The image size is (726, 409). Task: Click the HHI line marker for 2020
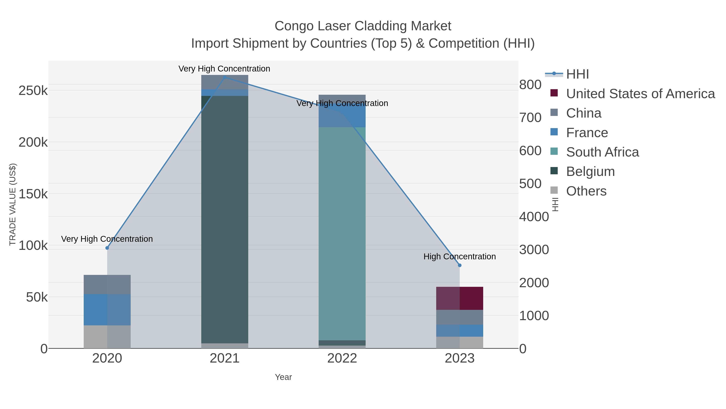tap(107, 248)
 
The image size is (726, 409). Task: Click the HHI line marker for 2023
tap(460, 265)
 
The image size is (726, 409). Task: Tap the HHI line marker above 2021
tap(225, 77)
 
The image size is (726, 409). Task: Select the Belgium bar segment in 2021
tap(225, 220)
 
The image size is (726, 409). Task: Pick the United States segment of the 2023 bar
tap(460, 298)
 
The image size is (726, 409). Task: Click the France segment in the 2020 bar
tap(107, 310)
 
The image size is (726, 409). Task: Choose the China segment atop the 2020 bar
tap(107, 285)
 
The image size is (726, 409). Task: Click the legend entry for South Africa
tap(602, 152)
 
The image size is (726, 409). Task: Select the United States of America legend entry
tap(640, 94)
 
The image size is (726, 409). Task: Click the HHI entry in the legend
tap(577, 74)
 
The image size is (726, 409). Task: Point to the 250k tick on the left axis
tap(33, 91)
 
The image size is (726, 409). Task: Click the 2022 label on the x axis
tap(342, 359)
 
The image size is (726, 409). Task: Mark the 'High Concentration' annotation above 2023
tap(460, 257)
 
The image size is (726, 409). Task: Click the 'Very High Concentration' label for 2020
tap(107, 239)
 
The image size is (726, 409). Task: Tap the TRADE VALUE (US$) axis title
tap(13, 204)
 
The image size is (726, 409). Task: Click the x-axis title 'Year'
tap(283, 377)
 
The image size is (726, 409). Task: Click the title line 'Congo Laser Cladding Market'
tap(363, 26)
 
